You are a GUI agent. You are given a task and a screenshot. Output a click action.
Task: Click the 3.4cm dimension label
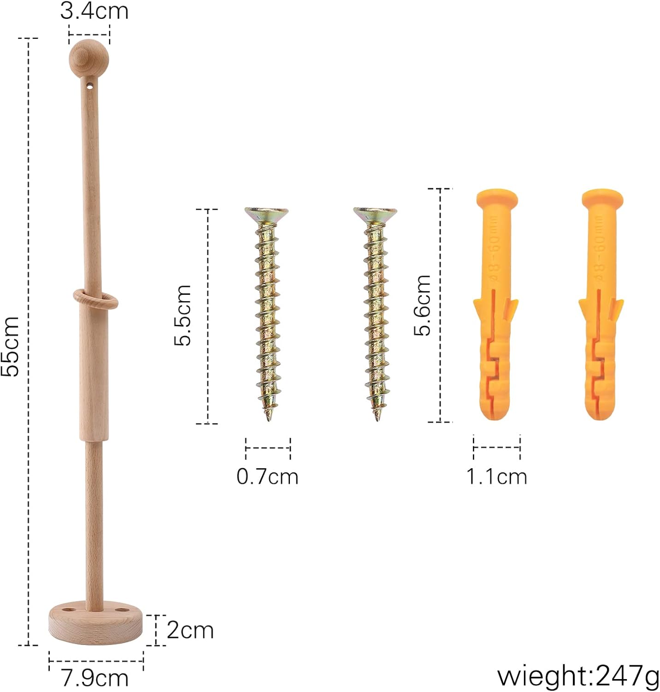tap(94, 11)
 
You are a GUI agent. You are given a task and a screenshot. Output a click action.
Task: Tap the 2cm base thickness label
tap(190, 630)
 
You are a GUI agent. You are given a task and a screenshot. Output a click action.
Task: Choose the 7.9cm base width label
tap(95, 678)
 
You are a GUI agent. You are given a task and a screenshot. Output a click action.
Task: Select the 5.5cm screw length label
tap(183, 315)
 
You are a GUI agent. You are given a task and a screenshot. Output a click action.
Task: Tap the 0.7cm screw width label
tap(267, 477)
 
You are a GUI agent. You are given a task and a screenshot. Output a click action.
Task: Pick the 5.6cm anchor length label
tap(422, 304)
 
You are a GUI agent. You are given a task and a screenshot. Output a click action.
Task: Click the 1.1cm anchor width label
tap(497, 477)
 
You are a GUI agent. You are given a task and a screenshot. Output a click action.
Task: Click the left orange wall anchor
tap(496, 304)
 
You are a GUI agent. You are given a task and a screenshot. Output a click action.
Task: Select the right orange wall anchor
tap(601, 304)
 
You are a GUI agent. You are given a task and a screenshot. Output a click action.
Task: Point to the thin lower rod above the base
tap(94, 521)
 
